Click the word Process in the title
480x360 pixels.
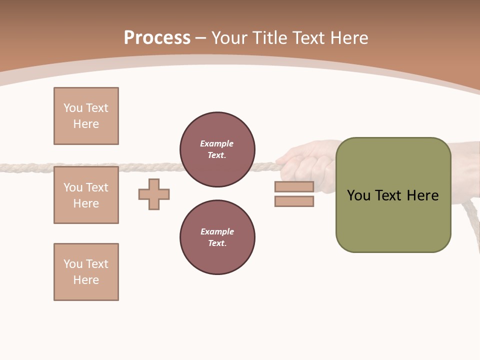157,38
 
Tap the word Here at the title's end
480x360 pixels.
347,38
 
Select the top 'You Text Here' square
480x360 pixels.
86,116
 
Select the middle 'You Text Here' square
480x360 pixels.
86,195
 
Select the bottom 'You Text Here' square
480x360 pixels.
86,272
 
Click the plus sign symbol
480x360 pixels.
154,194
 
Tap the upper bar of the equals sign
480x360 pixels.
294,186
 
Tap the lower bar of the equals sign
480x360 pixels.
294,201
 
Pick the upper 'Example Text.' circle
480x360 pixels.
217,149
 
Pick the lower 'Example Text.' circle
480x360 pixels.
217,237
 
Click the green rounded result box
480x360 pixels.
393,220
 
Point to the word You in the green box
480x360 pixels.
359,195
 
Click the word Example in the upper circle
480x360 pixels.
217,143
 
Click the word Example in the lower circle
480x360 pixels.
217,231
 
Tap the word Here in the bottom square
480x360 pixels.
86,280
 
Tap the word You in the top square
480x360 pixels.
73,108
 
